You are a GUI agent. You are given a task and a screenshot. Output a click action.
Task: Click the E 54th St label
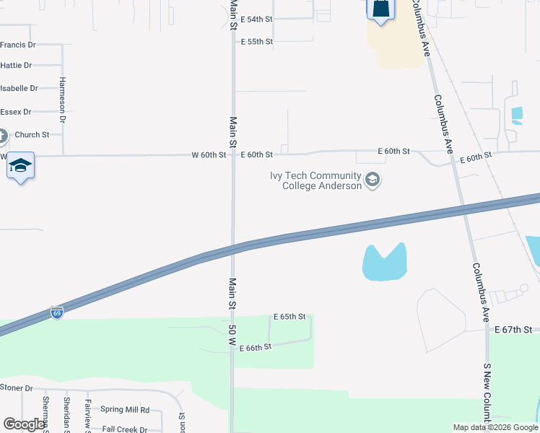pyautogui.click(x=256, y=19)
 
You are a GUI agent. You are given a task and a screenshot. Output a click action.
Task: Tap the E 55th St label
pyautogui.click(x=256, y=42)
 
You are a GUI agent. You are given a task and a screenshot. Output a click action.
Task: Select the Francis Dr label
pyautogui.click(x=17, y=45)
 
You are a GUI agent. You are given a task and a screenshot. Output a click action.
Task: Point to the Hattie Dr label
pyautogui.click(x=16, y=66)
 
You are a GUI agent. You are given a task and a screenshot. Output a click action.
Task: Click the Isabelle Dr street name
pyautogui.click(x=19, y=89)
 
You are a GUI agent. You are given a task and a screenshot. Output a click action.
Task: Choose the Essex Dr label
pyautogui.click(x=16, y=112)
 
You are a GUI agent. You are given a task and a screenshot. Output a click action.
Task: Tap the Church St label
pyautogui.click(x=32, y=135)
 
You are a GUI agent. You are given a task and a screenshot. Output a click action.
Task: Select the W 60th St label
pyautogui.click(x=209, y=155)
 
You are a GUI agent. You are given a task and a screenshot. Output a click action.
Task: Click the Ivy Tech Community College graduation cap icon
pyautogui.click(x=373, y=180)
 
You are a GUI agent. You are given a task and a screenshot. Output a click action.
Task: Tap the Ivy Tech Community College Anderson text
pyautogui.click(x=315, y=180)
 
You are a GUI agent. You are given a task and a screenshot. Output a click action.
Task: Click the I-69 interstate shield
pyautogui.click(x=57, y=312)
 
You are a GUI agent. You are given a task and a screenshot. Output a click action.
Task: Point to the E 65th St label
pyautogui.click(x=289, y=317)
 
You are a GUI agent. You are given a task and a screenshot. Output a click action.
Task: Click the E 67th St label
pyautogui.click(x=513, y=330)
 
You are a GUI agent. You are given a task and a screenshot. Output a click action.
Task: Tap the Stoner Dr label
pyautogui.click(x=17, y=388)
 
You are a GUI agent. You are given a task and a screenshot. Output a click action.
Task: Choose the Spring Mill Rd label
pyautogui.click(x=125, y=410)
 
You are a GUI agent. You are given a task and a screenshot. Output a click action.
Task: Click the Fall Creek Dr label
pyautogui.click(x=124, y=429)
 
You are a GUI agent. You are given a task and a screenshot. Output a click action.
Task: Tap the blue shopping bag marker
pyautogui.click(x=380, y=9)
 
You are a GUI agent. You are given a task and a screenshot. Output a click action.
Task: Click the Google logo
pyautogui.click(x=24, y=425)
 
